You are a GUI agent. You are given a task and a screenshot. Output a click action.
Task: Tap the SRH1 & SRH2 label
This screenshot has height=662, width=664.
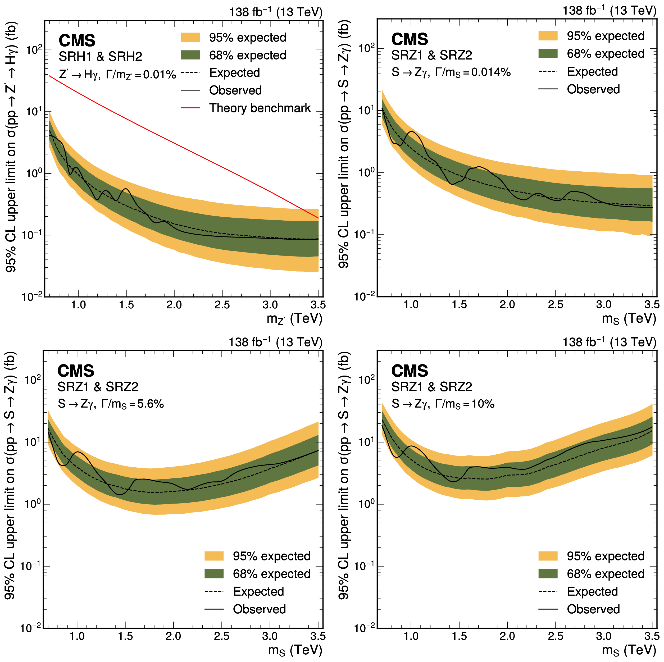click(100, 56)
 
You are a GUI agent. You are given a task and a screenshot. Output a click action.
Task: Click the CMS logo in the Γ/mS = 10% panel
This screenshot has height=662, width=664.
click(410, 371)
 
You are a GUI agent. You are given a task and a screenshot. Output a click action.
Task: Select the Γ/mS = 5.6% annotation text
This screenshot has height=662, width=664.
click(111, 404)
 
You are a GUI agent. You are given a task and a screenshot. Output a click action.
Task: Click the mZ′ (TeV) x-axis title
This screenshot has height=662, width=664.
click(294, 319)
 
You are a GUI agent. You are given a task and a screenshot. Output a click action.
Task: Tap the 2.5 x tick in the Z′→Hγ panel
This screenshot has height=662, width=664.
click(222, 305)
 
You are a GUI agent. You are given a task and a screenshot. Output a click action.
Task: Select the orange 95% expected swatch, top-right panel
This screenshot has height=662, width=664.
click(548, 36)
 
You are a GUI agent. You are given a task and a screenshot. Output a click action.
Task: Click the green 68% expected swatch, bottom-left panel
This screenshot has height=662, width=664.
click(214, 574)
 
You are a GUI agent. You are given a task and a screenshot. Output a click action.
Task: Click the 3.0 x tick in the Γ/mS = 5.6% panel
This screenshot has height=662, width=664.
click(270, 636)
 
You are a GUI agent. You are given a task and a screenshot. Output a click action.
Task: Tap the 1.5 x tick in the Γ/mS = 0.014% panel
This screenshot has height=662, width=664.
click(459, 304)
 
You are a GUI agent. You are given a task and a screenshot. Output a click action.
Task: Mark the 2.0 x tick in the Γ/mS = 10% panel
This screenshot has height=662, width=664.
click(507, 636)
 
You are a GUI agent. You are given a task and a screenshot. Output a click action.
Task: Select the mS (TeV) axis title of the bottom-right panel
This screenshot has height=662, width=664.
click(629, 650)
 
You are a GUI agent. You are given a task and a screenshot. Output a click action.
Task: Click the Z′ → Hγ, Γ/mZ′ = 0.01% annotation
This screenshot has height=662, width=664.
click(117, 75)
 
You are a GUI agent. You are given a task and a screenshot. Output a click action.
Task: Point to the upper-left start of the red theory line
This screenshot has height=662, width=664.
click(50, 76)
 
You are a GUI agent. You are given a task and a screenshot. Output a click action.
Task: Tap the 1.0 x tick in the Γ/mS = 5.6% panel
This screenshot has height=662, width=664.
click(77, 636)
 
